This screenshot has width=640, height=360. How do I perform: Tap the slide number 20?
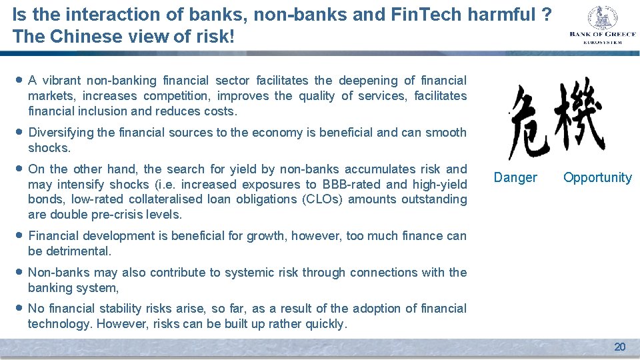click(x=619, y=347)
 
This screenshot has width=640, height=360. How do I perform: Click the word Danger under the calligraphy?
click(x=515, y=177)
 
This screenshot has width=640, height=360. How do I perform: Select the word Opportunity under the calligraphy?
click(x=597, y=177)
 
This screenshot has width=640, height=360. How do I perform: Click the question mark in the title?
click(x=546, y=15)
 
